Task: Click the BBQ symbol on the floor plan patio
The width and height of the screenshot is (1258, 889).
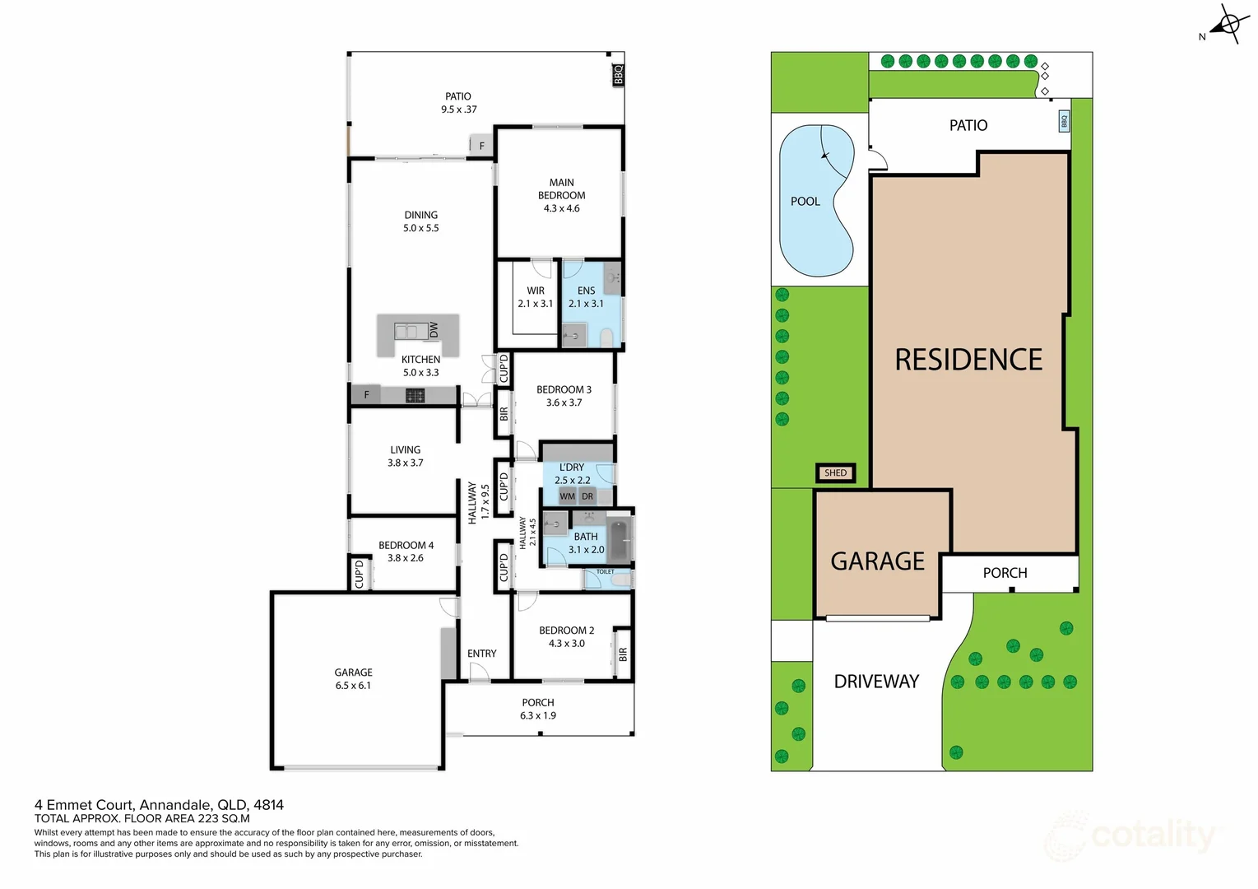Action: click(x=618, y=75)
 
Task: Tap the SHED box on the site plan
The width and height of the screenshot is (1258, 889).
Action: click(x=835, y=472)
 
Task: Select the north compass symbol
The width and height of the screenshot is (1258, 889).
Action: click(x=1228, y=26)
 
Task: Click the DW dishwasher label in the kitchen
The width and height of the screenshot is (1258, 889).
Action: click(x=434, y=330)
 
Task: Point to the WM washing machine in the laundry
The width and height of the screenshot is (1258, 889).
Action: click(x=567, y=496)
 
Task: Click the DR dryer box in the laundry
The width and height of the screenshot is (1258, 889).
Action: click(x=587, y=496)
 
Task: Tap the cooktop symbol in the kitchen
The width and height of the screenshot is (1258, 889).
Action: click(x=415, y=396)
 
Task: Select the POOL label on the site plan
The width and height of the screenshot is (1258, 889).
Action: click(x=805, y=201)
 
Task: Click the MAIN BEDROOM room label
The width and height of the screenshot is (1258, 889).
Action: click(x=562, y=195)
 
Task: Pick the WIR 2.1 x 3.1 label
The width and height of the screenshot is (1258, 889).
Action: click(x=536, y=296)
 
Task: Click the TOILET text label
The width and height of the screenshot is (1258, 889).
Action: click(x=605, y=571)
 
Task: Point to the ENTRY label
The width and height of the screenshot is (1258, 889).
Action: click(x=482, y=654)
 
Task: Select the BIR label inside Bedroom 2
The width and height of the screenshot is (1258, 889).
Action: click(x=622, y=654)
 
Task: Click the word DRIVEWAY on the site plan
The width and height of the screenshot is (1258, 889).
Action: click(x=876, y=682)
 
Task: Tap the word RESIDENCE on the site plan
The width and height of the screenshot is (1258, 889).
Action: click(x=968, y=360)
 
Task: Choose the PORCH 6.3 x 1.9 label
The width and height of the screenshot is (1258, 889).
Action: click(x=538, y=709)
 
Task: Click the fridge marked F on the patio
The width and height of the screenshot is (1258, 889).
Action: click(x=481, y=146)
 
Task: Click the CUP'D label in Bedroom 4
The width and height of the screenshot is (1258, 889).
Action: click(x=360, y=574)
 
